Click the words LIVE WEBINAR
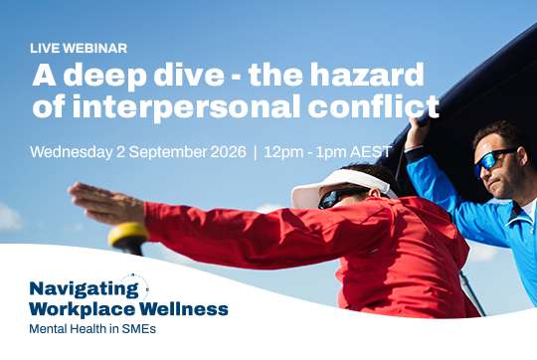tap(79, 49)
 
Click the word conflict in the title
tap(373, 104)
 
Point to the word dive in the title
tap(189, 75)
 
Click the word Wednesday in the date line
tap(72, 152)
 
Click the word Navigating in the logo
tap(85, 289)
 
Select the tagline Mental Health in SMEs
tap(92, 329)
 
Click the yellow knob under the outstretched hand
tap(128, 235)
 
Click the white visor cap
tap(342, 187)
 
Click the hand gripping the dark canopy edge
tap(417, 132)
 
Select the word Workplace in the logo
tap(83, 310)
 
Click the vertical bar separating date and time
tap(255, 152)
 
